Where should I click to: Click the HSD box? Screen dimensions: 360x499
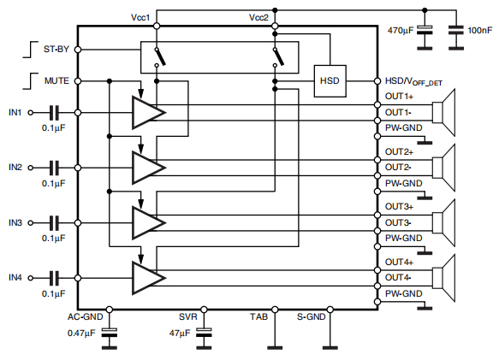coord(330,80)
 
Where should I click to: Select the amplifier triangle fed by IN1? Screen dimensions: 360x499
coord(146,112)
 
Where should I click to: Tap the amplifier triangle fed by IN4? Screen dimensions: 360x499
coord(146,278)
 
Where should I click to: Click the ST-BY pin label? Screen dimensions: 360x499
coord(56,50)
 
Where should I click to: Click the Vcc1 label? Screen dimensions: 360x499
coord(140,17)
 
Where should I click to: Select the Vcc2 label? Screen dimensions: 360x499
coord(258,17)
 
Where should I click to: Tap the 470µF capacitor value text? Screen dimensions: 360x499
coord(401,30)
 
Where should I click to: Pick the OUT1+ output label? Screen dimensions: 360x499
coord(398,97)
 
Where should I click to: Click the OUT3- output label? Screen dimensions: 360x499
coord(398,222)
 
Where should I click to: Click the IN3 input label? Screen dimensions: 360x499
coord(15,222)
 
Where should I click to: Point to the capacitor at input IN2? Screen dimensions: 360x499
coord(54,167)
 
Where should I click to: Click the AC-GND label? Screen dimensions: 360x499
coord(86,316)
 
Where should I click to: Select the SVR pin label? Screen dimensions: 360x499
coord(188,316)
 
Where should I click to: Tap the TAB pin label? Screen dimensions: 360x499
coord(259,316)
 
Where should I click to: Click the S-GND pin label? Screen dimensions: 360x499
coord(311,316)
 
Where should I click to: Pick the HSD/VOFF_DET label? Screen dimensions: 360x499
coord(413,81)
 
